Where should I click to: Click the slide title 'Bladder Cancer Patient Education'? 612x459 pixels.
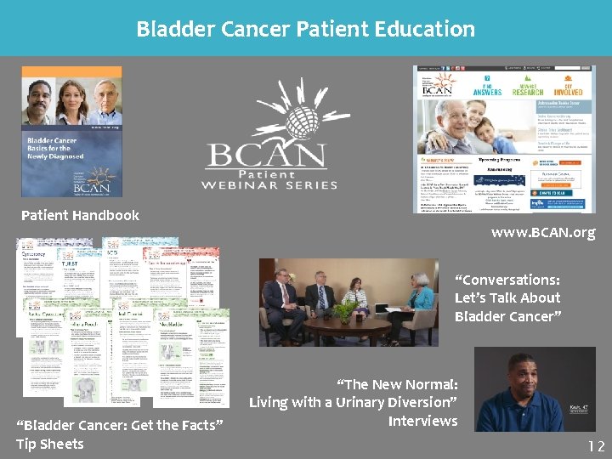306,29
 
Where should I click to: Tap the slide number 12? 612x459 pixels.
595,445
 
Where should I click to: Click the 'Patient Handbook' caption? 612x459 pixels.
80,215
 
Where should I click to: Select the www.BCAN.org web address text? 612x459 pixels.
543,232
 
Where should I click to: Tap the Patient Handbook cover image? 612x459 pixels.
71,132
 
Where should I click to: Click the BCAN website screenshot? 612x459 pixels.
504,139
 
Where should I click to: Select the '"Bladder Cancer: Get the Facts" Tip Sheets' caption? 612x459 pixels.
119,434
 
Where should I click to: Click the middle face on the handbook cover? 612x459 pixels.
72,100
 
